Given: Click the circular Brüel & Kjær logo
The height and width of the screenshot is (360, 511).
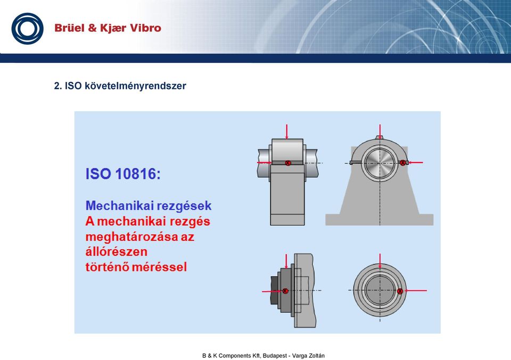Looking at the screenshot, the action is [x=27, y=28].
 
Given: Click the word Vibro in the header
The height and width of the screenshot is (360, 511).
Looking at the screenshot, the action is [x=145, y=28].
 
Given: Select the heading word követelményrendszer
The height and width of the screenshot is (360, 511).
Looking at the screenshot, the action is [x=135, y=86].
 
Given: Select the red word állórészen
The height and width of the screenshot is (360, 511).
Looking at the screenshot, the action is [x=117, y=251].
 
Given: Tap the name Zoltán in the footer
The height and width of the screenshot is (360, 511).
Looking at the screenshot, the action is [x=316, y=355].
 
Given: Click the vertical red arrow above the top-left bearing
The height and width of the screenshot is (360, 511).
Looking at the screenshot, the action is [x=286, y=132].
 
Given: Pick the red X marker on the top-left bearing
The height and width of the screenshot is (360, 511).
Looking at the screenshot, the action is [x=288, y=163].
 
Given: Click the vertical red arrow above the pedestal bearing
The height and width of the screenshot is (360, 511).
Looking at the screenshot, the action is [x=380, y=132].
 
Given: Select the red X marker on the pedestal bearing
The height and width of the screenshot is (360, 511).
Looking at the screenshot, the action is [x=403, y=162].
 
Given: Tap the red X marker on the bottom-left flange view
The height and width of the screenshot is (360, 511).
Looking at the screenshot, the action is [x=285, y=291].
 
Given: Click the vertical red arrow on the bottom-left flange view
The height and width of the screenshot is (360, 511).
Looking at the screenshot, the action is [x=286, y=261].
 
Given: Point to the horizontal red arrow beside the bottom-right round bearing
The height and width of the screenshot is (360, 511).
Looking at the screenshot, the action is [x=415, y=291].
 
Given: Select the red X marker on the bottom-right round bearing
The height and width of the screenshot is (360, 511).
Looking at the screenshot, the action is [x=400, y=291].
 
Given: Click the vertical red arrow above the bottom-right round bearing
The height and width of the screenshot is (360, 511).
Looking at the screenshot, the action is [x=380, y=261].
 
